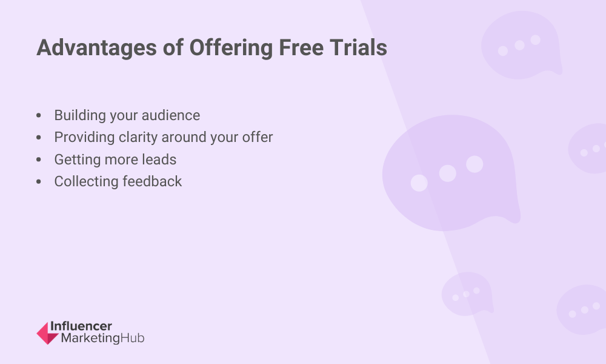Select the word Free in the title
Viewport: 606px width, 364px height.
click(x=301, y=47)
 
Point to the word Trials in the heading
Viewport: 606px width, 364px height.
click(x=359, y=47)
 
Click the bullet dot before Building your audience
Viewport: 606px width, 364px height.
click(x=39, y=115)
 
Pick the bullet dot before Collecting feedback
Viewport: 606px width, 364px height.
click(x=39, y=181)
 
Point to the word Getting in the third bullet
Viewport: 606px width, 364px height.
click(x=78, y=160)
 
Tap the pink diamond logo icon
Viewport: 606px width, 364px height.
click(x=47, y=333)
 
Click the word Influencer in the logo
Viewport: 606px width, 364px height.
click(x=81, y=326)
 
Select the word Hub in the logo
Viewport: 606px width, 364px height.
click(x=133, y=338)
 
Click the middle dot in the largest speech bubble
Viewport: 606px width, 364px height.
click(x=448, y=174)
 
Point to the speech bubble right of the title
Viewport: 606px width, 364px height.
click(x=521, y=45)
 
